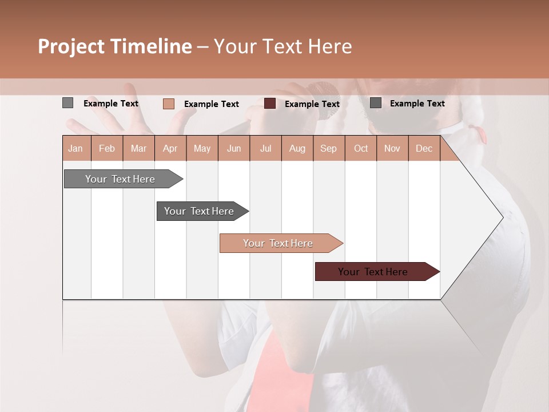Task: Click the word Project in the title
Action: click(x=71, y=46)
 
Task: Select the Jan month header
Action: click(x=75, y=149)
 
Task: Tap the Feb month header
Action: click(x=107, y=149)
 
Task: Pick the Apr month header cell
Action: click(x=170, y=149)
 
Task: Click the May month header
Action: click(x=202, y=149)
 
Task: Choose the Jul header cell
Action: click(x=265, y=149)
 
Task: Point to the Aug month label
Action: click(x=297, y=149)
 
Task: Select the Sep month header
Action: click(x=329, y=149)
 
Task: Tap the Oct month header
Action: click(x=360, y=149)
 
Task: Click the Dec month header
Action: click(x=424, y=149)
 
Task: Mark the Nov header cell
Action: click(x=392, y=149)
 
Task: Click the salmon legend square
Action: click(x=169, y=104)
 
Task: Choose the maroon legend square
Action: click(x=270, y=104)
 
